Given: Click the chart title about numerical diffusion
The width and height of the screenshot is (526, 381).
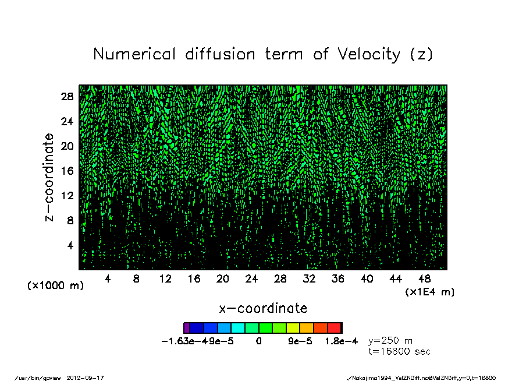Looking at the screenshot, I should [x=263, y=54].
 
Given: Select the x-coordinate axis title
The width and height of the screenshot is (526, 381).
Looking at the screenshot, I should [x=262, y=308].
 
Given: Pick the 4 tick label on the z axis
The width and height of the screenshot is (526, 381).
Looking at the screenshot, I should [x=70, y=245].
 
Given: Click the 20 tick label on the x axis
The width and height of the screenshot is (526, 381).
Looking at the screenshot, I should [x=222, y=279].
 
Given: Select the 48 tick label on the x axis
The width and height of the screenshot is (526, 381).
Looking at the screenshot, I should [x=424, y=279].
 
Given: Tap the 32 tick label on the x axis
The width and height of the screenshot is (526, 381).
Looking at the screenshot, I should [x=309, y=279].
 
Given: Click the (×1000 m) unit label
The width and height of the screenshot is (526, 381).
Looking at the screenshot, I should [x=56, y=286].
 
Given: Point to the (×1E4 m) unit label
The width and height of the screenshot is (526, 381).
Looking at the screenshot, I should [x=430, y=291].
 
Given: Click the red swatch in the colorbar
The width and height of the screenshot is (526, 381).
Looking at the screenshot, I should [x=335, y=328].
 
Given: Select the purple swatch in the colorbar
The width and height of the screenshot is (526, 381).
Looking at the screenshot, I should [x=187, y=328].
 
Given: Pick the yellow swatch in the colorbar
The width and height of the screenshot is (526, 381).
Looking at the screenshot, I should [x=293, y=328].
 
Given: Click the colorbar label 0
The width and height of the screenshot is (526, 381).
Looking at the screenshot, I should [x=258, y=341].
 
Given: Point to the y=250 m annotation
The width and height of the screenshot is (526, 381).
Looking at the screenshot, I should [x=390, y=340].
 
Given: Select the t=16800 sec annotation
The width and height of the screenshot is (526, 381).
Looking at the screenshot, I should [x=399, y=351].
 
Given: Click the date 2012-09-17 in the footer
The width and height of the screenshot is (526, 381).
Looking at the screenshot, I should [x=89, y=377].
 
